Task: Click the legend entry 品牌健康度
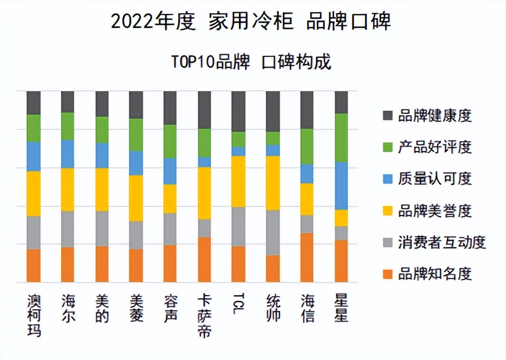tap(435, 116)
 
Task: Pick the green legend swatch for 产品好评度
tap(388, 147)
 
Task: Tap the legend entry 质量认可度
tap(435, 178)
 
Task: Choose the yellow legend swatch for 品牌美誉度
tap(388, 210)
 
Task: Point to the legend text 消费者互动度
tap(442, 242)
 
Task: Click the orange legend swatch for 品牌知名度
tap(388, 274)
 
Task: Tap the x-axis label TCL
tap(238, 304)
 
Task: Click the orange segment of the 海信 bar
tap(307, 258)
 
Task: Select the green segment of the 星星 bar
tap(341, 137)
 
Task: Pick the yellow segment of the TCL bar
tap(238, 181)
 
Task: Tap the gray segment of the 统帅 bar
tap(273, 232)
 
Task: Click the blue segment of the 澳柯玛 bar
tap(34, 156)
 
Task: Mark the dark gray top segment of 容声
tap(170, 107)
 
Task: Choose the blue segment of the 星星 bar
tap(341, 186)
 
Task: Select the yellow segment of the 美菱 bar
tap(136, 198)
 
